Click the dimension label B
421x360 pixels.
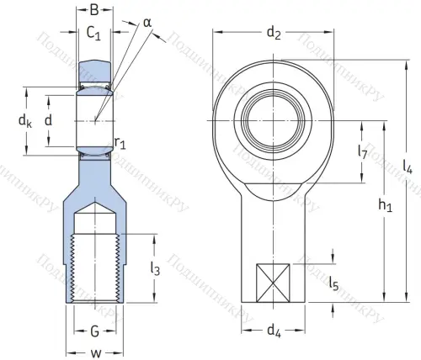click(x=94, y=11)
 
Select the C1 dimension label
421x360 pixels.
click(x=94, y=35)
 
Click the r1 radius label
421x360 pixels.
click(x=121, y=144)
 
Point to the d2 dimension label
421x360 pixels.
click(x=274, y=33)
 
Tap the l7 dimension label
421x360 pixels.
click(x=362, y=152)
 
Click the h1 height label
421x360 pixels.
click(x=385, y=204)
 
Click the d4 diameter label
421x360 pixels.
click(x=274, y=331)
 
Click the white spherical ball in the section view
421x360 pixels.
click(x=94, y=120)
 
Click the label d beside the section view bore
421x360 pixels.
click(x=48, y=120)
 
